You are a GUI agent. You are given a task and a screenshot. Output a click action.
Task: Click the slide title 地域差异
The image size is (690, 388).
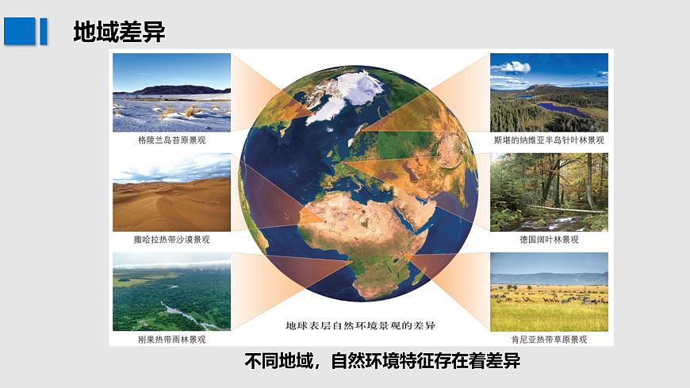pos(119,32)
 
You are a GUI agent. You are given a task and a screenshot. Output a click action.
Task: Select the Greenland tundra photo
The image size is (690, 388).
pos(171,92)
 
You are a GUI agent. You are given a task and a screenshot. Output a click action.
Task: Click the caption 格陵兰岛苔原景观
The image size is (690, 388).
pos(171,140)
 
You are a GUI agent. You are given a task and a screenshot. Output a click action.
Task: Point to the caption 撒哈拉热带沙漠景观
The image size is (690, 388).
pos(171,239)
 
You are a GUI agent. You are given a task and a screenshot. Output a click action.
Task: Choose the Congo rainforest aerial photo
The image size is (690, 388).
pos(171,291)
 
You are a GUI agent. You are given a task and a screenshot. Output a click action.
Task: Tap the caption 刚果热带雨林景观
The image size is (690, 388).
pos(171,339)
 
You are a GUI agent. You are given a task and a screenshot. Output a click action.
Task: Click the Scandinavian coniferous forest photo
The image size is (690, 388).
pos(549,92)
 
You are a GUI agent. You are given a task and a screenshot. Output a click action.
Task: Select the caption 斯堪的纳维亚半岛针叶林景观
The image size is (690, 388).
pos(549,140)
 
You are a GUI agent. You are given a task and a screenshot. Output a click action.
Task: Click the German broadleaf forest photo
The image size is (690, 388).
pos(549,192)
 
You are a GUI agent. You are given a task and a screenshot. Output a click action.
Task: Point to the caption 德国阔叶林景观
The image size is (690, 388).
pos(549,239)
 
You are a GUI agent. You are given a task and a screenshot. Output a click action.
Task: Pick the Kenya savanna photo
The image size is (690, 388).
pos(549,291)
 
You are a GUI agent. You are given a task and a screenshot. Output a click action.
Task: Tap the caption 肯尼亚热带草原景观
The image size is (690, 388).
pos(549,339)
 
